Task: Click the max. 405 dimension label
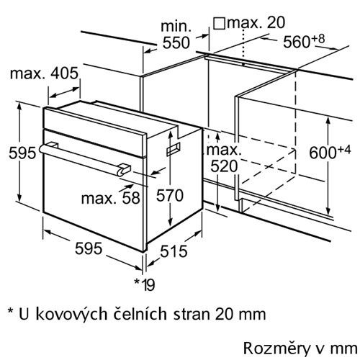tap(44, 73)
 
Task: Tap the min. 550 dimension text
tap(176, 35)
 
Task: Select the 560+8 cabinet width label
tap(304, 41)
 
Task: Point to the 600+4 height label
tap(330, 153)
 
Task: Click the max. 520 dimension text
tap(224, 158)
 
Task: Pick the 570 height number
tap(170, 195)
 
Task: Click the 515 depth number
tap(174, 251)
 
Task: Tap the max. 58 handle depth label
tap(111, 198)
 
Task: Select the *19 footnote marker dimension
tap(145, 284)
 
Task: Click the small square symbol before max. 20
tap(219, 23)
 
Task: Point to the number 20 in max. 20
tap(276, 22)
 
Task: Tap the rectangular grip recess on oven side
tap(174, 149)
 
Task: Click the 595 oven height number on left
tap(22, 153)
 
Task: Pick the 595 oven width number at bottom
tap(89, 248)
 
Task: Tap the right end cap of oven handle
tap(124, 170)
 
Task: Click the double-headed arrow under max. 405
tap(64, 93)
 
